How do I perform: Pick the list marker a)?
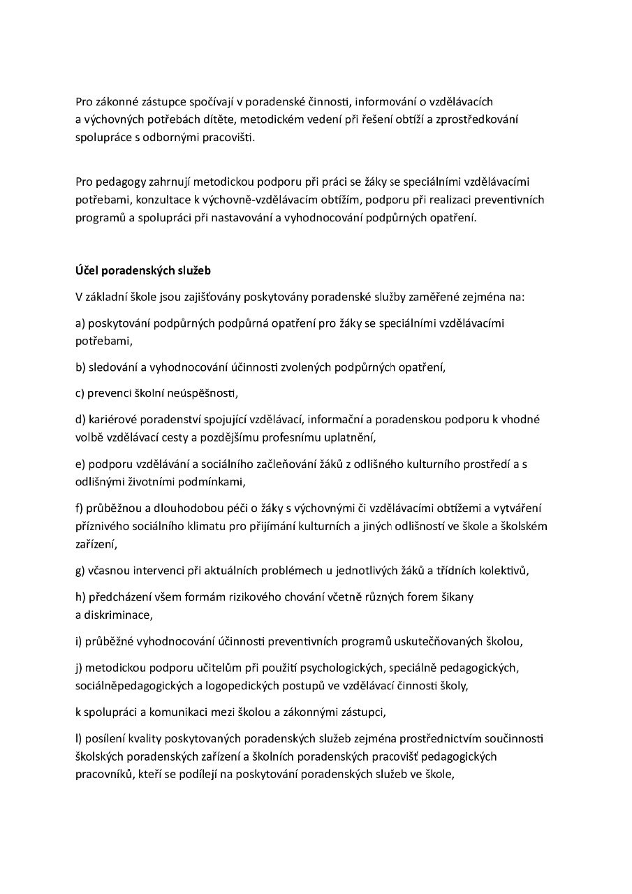pos(80,323)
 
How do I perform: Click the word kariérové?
pos(112,420)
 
